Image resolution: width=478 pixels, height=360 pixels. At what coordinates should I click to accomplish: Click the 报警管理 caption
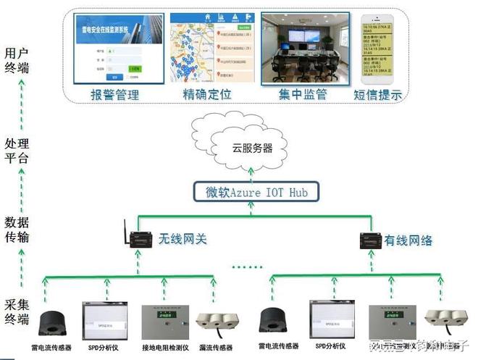click(114, 95)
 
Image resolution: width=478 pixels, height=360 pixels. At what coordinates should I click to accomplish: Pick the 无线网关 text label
click(183, 238)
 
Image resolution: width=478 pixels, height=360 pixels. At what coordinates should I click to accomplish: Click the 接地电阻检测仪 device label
click(165, 348)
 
